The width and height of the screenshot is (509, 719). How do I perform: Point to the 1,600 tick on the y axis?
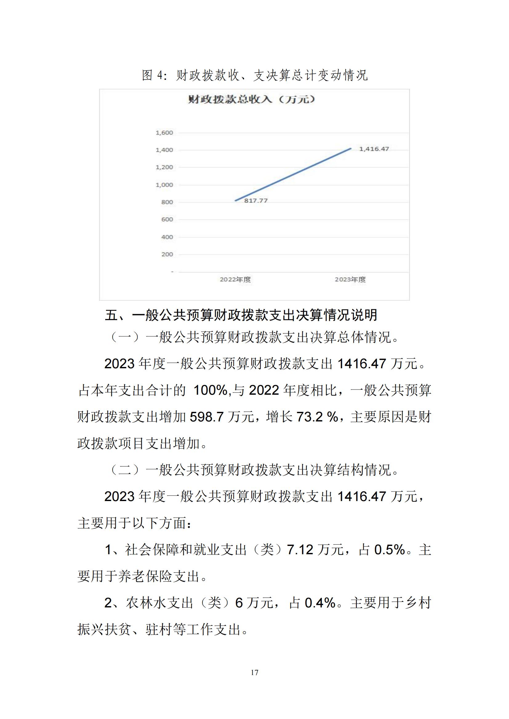click(x=164, y=133)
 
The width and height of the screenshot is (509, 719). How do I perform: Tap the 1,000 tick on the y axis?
click(x=164, y=185)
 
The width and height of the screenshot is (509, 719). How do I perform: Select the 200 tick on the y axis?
click(x=167, y=254)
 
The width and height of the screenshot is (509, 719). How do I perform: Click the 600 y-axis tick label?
click(x=167, y=219)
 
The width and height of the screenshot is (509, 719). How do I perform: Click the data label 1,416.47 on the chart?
click(x=374, y=149)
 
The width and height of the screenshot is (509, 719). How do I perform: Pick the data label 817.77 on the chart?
click(x=256, y=201)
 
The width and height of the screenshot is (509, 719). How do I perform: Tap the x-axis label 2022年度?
click(x=235, y=280)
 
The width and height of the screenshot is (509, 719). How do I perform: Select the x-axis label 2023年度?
click(x=351, y=280)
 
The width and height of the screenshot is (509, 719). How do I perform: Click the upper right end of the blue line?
click(x=351, y=149)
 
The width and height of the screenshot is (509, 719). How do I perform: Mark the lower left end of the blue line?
click(x=236, y=200)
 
